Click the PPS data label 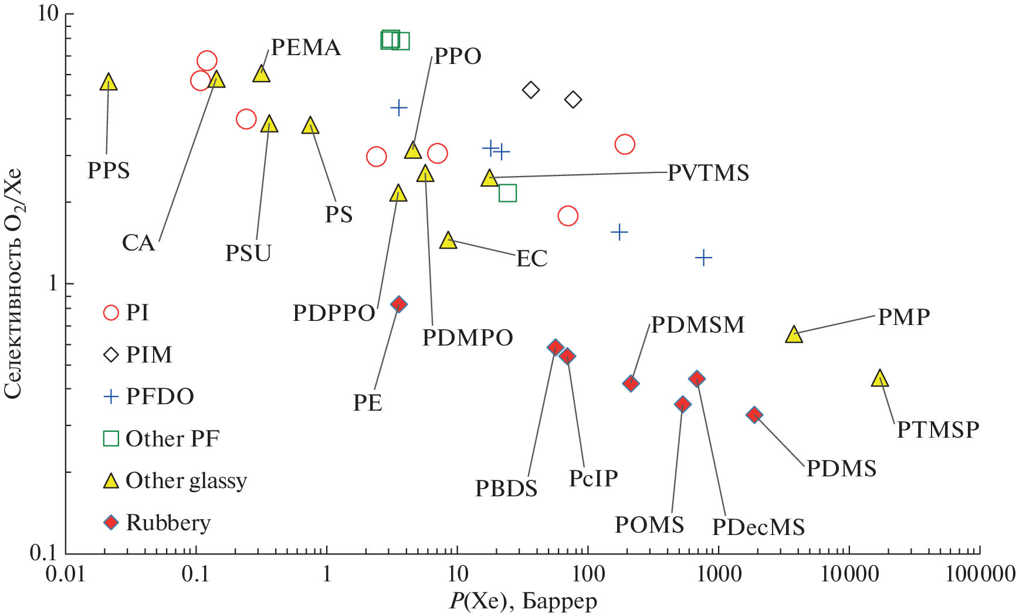tap(109, 171)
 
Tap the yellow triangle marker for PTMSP tap(879, 379)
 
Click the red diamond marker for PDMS tap(754, 415)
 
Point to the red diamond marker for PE tap(399, 304)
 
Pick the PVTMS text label tap(708, 173)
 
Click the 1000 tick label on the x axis tap(717, 574)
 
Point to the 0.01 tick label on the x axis tap(66, 574)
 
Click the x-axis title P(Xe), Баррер tap(523, 601)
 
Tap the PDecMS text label tap(758, 527)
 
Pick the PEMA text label tap(306, 48)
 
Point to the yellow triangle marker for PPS tap(109, 83)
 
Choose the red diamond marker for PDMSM tap(631, 384)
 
